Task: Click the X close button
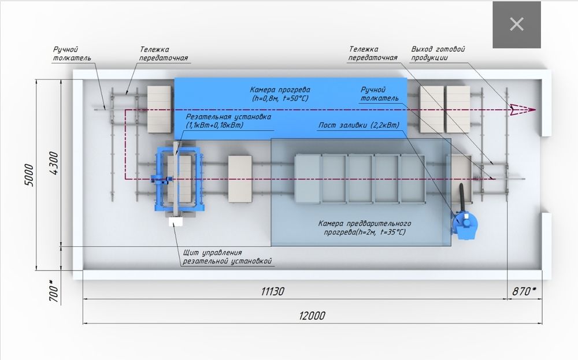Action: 516,24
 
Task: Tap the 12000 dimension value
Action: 312,316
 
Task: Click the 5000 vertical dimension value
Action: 31,173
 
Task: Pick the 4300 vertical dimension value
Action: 54,163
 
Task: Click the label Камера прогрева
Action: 280,94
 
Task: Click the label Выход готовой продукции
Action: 438,53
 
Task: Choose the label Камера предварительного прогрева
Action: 365,228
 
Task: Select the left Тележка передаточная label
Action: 164,54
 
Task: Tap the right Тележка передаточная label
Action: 373,54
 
